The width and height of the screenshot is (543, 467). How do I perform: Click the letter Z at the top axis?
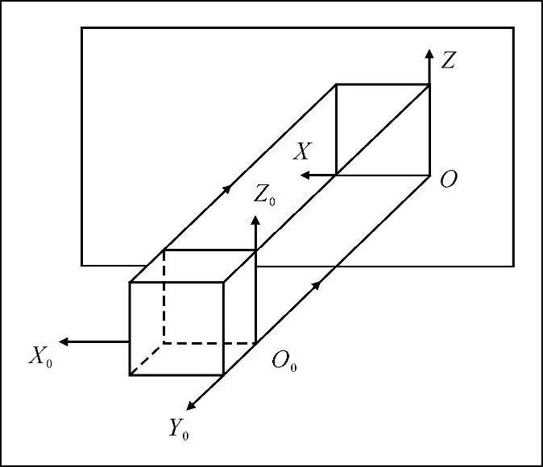(x=450, y=59)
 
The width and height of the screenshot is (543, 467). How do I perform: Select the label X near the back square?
(x=302, y=151)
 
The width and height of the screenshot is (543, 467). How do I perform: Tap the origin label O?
(x=450, y=180)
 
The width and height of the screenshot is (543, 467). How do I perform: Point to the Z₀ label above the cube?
(x=263, y=194)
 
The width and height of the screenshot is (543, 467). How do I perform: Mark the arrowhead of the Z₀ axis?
(x=255, y=219)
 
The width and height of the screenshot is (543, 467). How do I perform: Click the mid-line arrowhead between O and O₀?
(x=320, y=283)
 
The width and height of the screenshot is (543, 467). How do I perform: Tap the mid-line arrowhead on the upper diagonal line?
(x=227, y=188)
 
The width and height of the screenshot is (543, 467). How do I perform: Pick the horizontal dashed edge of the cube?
(x=209, y=344)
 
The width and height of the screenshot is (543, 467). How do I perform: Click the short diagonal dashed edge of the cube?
(x=147, y=359)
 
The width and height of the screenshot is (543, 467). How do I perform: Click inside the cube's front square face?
(x=176, y=329)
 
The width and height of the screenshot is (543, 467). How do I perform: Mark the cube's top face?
(x=193, y=266)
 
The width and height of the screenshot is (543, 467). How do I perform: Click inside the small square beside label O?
(x=383, y=129)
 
